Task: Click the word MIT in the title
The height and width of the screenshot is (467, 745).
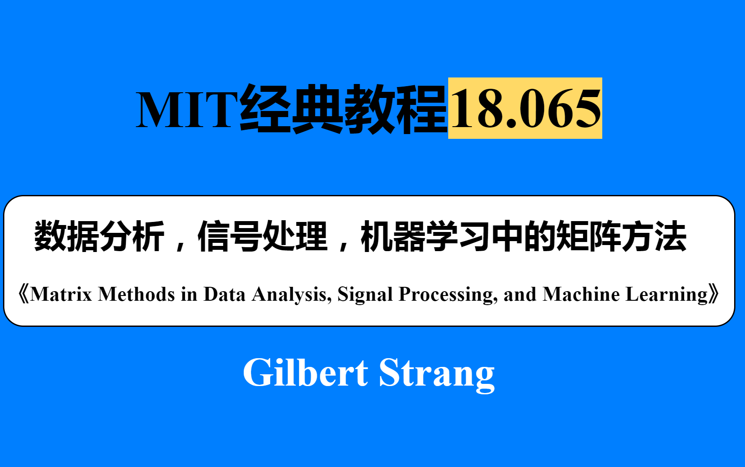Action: [187, 109]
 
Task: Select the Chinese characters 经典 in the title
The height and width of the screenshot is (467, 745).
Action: [292, 109]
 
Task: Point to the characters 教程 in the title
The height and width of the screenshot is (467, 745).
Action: [396, 109]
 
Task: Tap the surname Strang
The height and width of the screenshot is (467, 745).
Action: [436, 373]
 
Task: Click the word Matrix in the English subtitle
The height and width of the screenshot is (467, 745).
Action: [61, 294]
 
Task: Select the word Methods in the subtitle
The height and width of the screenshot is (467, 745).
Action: [136, 294]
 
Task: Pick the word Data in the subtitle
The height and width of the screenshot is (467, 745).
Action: [224, 294]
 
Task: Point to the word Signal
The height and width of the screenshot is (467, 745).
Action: [365, 295]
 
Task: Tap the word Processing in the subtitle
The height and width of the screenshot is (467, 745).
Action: [448, 295]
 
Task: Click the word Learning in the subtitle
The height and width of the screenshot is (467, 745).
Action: [667, 295]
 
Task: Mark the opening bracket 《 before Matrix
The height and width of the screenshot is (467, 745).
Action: [23, 294]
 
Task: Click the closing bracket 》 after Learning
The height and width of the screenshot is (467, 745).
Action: [714, 294]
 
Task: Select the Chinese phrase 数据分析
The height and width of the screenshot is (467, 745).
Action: [99, 236]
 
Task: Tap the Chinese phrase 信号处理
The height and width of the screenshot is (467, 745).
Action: [262, 236]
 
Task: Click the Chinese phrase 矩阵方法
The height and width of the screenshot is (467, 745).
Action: [621, 236]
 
